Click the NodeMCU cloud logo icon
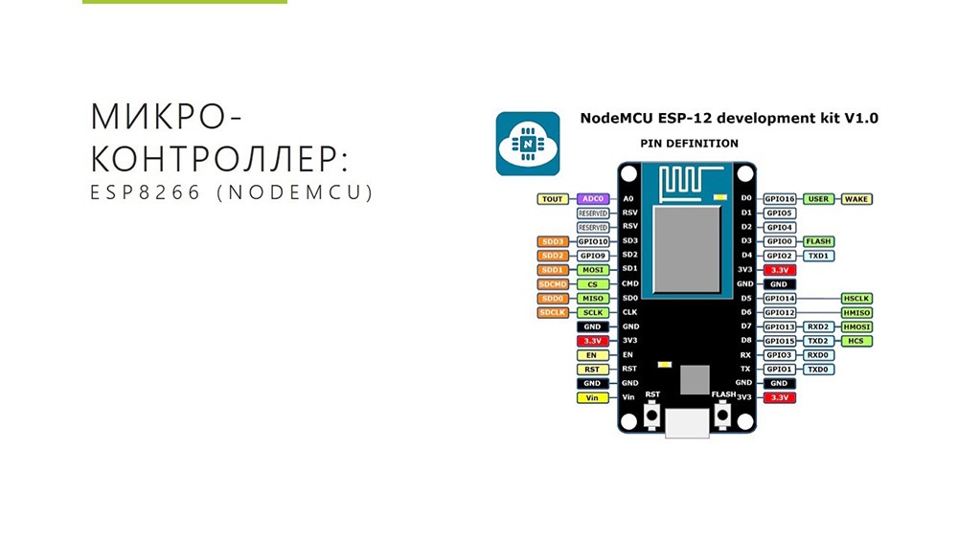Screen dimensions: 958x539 click(527, 144)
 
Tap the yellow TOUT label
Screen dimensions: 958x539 click(552, 199)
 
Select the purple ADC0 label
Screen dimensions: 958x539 click(593, 199)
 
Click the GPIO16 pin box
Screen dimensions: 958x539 click(780, 199)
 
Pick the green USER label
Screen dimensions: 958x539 click(818, 199)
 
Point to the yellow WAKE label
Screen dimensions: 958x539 click(855, 199)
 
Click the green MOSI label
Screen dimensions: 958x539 click(593, 270)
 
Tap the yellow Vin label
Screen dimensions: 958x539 click(593, 397)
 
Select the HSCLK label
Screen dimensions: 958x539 click(855, 299)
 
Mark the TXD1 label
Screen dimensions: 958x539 click(818, 256)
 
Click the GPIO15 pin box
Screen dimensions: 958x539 click(780, 341)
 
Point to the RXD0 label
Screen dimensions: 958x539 click(818, 355)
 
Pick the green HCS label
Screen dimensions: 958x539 click(855, 341)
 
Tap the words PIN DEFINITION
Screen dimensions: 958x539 click(689, 144)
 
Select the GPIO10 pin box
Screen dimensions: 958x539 click(593, 242)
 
